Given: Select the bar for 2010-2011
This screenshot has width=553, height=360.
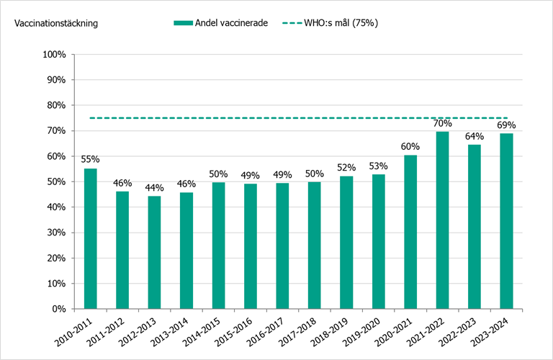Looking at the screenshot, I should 91,238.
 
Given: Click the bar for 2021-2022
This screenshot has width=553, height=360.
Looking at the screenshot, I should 443,220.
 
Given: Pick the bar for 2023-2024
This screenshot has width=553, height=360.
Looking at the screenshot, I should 506,221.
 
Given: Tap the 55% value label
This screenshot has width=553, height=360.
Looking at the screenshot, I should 91,160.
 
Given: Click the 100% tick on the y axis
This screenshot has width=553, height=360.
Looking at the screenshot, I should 55,55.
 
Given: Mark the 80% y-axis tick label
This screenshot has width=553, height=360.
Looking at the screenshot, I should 56,105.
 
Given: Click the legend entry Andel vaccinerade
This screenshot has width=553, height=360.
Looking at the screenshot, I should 231,23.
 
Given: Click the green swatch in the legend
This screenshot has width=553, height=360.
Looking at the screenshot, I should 183,23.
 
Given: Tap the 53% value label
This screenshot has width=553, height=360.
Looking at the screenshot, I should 379,166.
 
